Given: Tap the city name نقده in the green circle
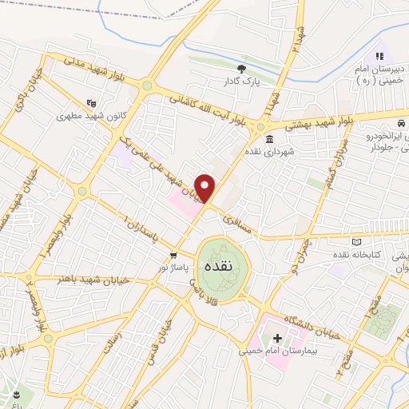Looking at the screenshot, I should pos(217,267).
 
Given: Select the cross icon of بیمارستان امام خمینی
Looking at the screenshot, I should pos(278,338).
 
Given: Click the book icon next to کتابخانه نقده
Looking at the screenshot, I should pos(356,241).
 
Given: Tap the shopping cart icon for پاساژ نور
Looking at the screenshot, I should pos(173,255).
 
